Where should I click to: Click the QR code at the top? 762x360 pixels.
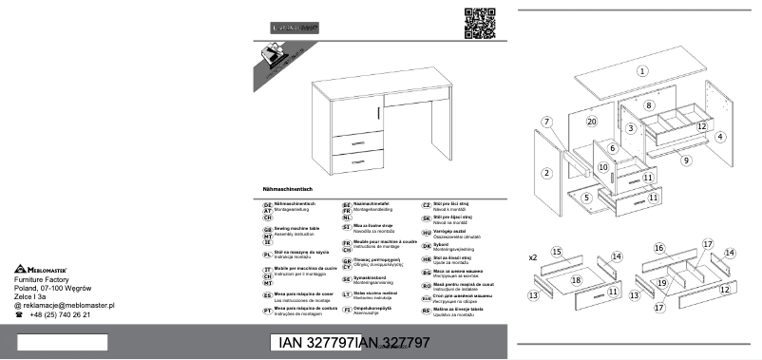coord(480,23)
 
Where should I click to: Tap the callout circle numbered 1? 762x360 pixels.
coord(642,70)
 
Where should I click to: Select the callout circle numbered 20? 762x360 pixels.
coord(591,122)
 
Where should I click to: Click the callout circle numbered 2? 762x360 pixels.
coord(547,172)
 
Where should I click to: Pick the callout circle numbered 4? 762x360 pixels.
coord(720,137)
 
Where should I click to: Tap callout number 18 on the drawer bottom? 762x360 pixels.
coord(576,280)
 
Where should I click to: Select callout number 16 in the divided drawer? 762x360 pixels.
coord(657,248)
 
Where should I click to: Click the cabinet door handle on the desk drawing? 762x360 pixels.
coord(378,112)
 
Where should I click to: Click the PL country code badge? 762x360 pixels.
coord(267,255)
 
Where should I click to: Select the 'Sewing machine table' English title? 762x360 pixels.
coord(295,229)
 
